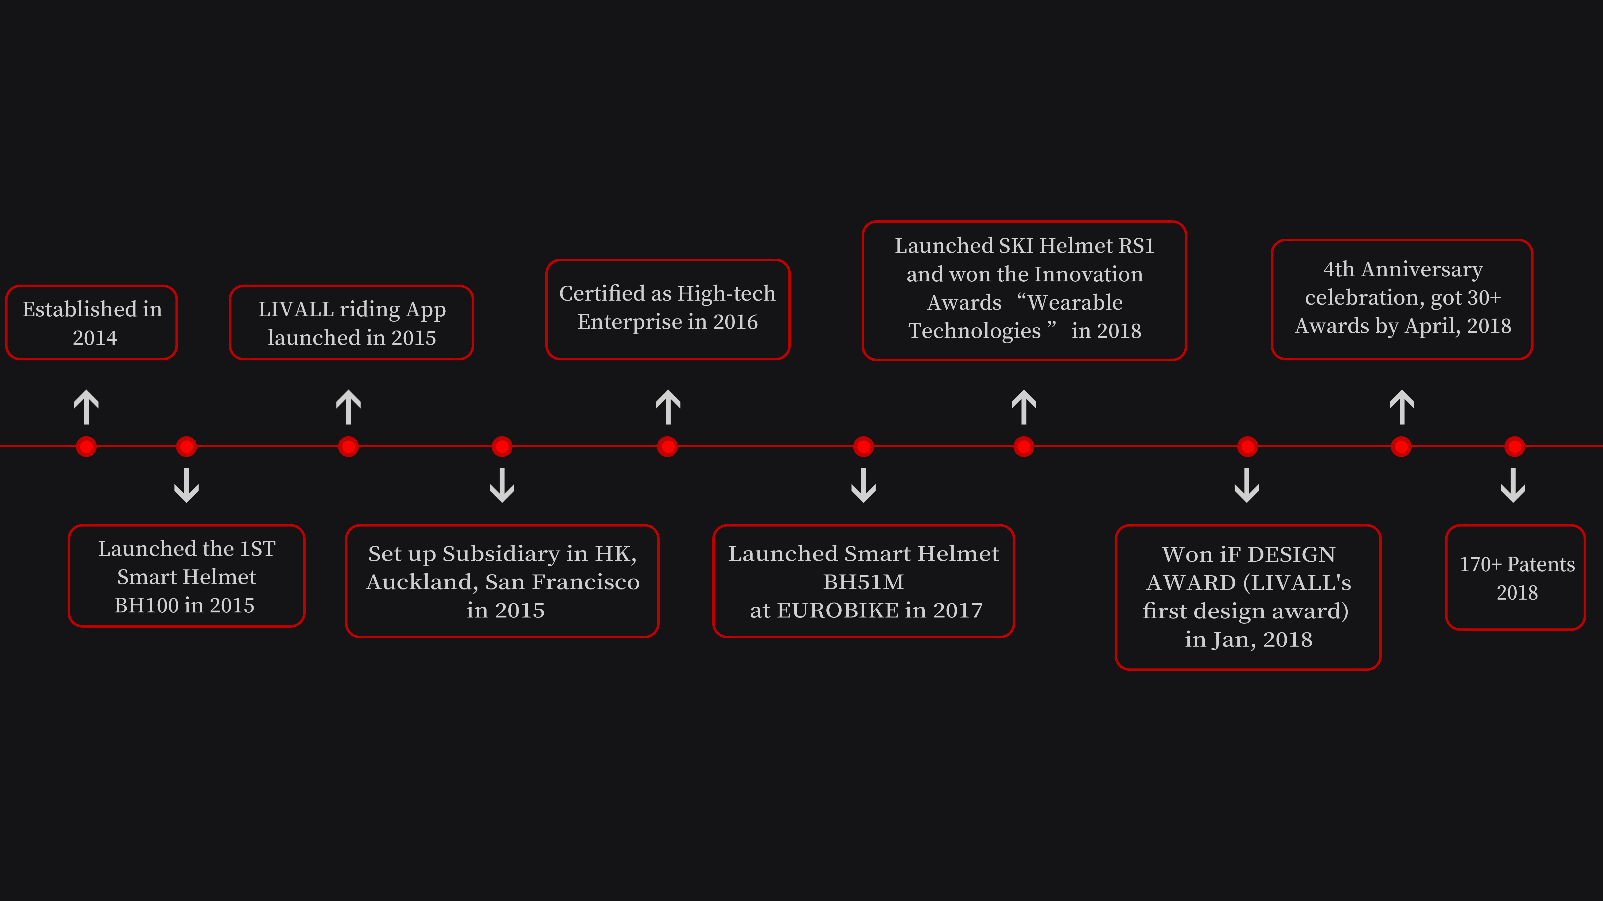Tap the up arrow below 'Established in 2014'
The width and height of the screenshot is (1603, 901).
pos(87,407)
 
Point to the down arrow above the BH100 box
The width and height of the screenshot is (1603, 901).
pos(187,485)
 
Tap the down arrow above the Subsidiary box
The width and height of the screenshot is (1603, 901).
pos(502,485)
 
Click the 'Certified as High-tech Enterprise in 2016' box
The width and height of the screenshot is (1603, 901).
pos(668,309)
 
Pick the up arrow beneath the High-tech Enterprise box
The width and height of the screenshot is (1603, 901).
pos(668,407)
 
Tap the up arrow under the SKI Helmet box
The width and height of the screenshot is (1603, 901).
pos(1024,407)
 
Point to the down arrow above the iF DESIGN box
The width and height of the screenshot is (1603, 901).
pos(1246,485)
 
